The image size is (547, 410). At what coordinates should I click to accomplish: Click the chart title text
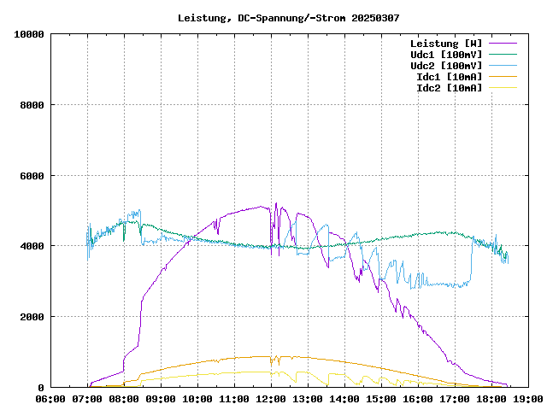[288, 17]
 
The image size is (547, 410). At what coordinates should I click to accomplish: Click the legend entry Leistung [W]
[446, 43]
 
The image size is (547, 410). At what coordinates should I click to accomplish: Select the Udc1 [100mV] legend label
[446, 54]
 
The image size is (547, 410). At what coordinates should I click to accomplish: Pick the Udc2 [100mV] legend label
[446, 65]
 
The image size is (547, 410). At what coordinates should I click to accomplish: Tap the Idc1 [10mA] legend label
[449, 76]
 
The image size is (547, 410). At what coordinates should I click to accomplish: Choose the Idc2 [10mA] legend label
[449, 87]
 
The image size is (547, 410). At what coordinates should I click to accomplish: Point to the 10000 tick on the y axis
[29, 34]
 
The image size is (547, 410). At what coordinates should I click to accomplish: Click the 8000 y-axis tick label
[32, 105]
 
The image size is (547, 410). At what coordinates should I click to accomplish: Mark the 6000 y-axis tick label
[32, 176]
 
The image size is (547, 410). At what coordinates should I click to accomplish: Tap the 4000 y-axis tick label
[32, 246]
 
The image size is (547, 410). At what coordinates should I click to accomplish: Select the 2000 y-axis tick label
[32, 317]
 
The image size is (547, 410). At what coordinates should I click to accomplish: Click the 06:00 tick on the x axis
[50, 398]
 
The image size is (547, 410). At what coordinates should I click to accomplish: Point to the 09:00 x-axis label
[161, 398]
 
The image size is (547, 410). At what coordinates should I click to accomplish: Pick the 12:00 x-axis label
[271, 398]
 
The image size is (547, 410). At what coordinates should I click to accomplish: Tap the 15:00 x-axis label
[381, 398]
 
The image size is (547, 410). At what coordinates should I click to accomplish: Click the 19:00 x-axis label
[527, 398]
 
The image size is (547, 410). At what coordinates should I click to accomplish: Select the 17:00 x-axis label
[455, 398]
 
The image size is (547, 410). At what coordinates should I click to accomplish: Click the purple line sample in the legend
[503, 43]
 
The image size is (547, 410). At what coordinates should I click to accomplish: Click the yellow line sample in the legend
[503, 87]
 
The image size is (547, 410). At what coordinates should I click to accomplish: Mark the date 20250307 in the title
[375, 17]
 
